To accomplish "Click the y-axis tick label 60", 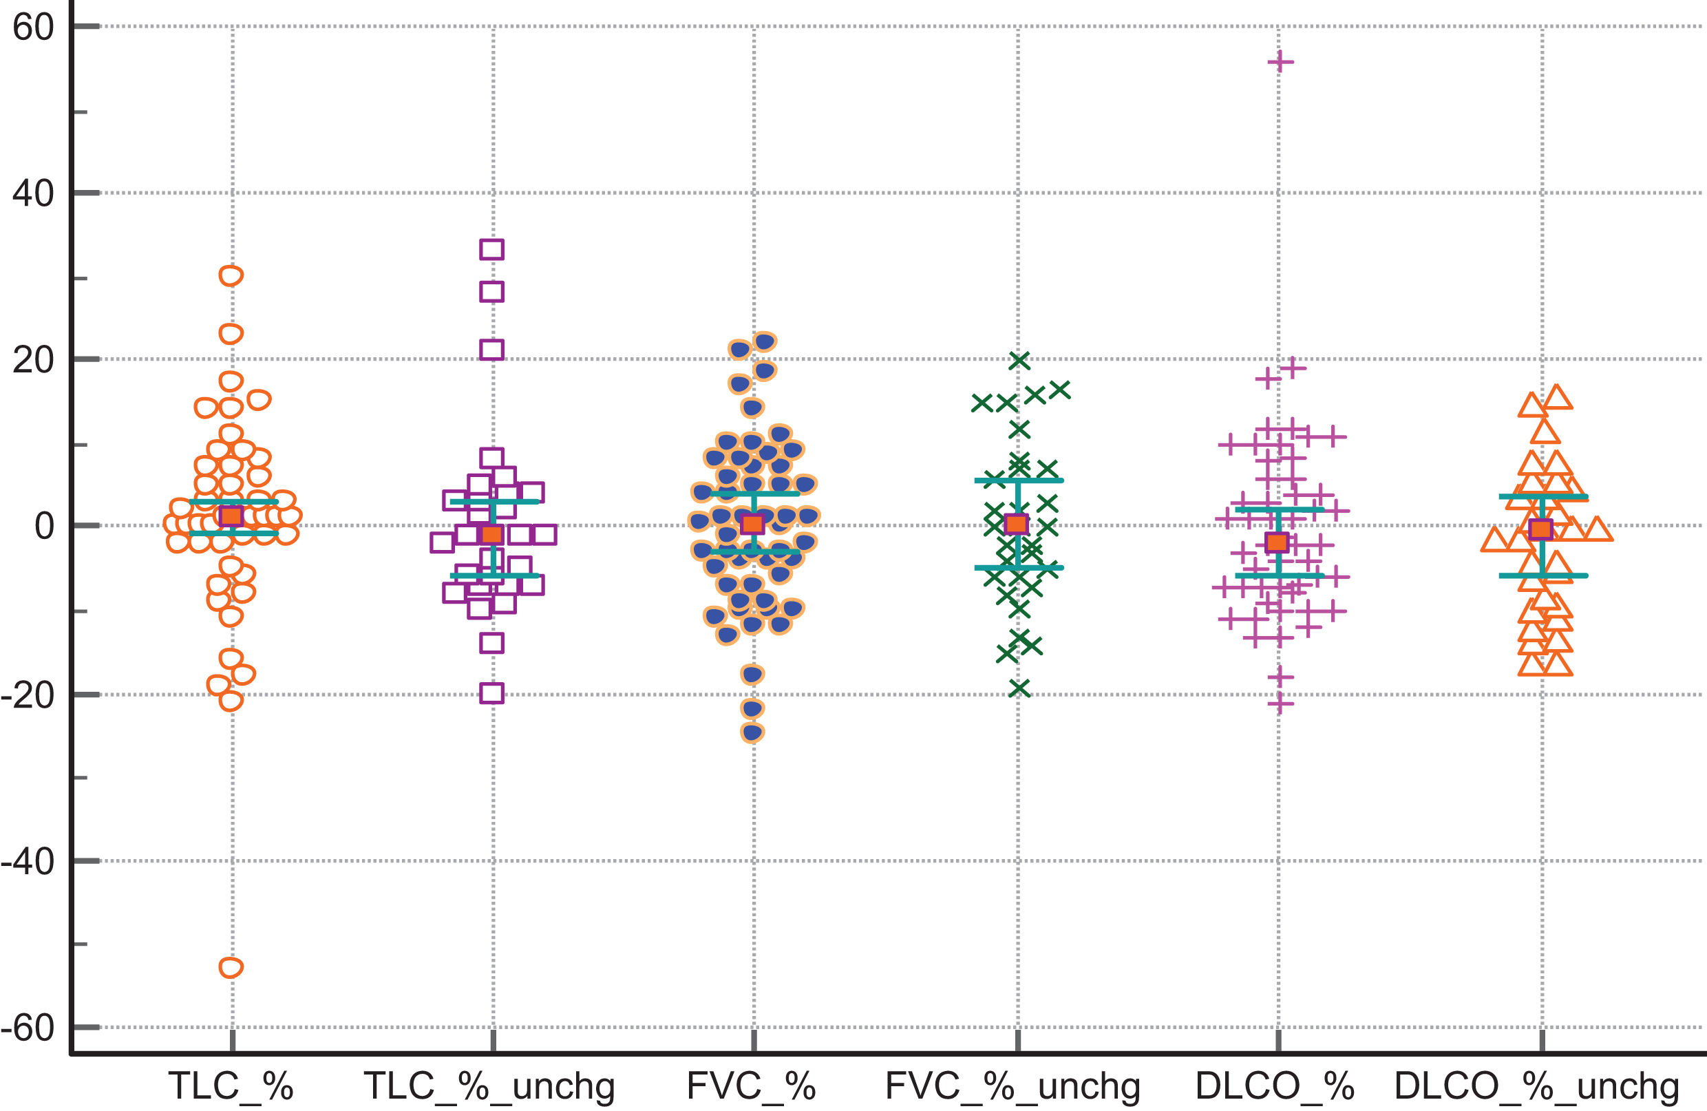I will coord(33,28).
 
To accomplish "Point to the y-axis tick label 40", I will coord(33,193).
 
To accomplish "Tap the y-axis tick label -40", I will coord(28,861).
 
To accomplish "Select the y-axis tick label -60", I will coord(28,1028).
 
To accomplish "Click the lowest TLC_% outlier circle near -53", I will coord(231,968).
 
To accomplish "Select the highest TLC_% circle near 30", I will coord(231,275).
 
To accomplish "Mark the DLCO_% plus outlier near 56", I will coord(1280,63).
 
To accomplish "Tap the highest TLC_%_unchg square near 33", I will coord(492,250).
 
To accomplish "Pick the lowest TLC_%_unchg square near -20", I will coord(492,694).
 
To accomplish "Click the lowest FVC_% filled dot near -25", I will coord(752,732).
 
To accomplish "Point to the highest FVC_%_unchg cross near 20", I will coord(1019,361).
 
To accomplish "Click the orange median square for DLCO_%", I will coord(1277,542).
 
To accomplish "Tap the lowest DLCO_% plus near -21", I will coord(1280,704).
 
